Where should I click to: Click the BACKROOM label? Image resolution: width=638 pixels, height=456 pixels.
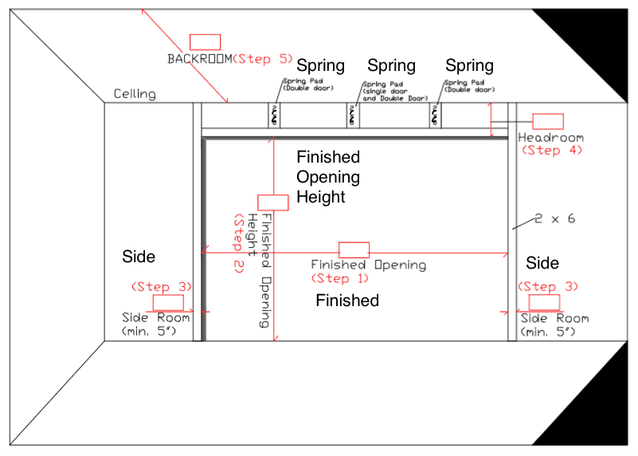click(x=199, y=59)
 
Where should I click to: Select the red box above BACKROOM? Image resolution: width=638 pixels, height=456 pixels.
click(x=205, y=42)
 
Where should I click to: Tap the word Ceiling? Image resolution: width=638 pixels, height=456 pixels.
click(x=135, y=94)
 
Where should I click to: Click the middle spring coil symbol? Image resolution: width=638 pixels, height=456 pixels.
click(x=351, y=116)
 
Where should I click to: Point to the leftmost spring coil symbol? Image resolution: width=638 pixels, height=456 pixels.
click(x=275, y=116)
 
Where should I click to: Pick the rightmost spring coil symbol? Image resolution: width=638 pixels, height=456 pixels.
click(x=435, y=116)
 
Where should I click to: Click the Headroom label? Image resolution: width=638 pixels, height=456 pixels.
click(x=550, y=137)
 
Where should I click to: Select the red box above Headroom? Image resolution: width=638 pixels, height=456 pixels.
click(x=548, y=121)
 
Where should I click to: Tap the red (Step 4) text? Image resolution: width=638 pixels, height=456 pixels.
click(x=551, y=149)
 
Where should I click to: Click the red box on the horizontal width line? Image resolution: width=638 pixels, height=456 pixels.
click(x=354, y=250)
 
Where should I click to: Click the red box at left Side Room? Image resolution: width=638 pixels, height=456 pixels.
click(x=168, y=303)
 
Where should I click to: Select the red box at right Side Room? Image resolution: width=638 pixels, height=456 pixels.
click(x=544, y=302)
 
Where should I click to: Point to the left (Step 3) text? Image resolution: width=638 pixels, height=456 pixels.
click(x=161, y=286)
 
